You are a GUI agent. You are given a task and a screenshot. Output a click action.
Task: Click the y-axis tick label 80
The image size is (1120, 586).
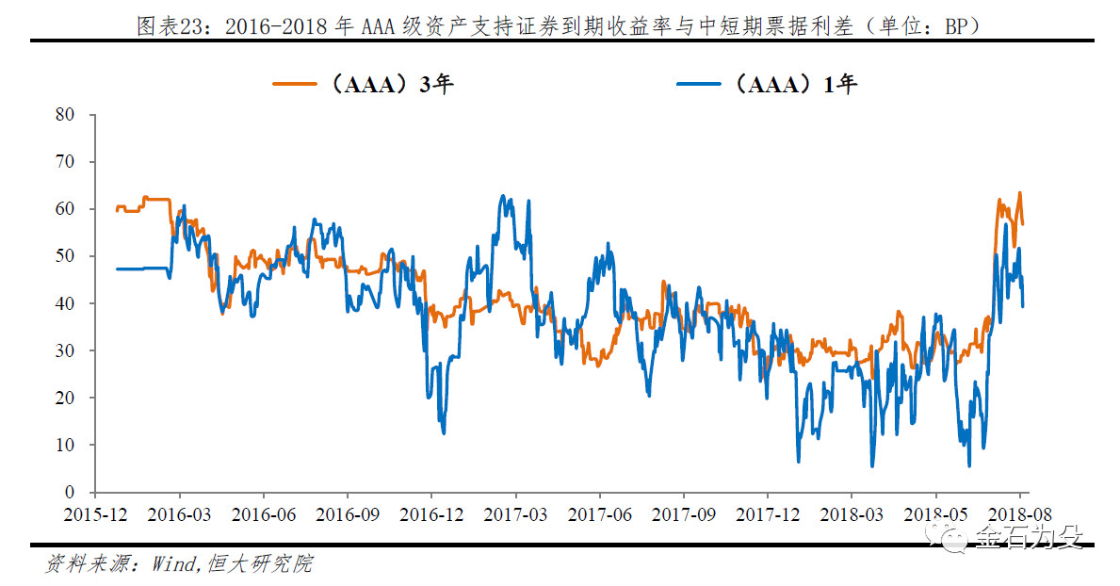coord(65,114)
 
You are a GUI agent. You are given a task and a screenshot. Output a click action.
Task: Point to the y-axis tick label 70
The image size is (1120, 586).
coord(65,161)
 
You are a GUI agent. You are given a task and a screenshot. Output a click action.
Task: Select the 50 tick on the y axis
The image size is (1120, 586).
coord(65,256)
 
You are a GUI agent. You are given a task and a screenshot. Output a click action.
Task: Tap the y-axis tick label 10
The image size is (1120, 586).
coord(65,445)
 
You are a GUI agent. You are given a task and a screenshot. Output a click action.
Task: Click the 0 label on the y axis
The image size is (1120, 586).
coord(70,492)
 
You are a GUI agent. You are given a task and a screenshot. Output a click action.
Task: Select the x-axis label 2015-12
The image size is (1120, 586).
coord(95,514)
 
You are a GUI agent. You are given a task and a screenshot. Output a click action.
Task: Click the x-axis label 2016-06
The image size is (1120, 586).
coord(264,514)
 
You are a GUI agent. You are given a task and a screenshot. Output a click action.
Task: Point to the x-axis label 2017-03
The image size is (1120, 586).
coord(515,514)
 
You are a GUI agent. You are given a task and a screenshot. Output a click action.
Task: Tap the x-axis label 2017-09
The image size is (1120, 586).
coord(684,514)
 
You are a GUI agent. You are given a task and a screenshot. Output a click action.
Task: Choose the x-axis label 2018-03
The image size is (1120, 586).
coord(852,514)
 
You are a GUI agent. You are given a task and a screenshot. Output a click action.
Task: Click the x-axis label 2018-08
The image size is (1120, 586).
coord(1020,514)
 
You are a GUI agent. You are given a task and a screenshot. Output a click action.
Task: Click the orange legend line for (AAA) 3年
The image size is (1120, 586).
coord(294,85)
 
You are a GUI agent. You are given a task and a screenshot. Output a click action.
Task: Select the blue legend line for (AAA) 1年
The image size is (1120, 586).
coord(699,85)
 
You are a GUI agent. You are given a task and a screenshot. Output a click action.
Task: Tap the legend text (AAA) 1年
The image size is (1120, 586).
coord(795,85)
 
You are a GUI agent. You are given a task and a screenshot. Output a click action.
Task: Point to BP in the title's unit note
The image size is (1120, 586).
coord(956,26)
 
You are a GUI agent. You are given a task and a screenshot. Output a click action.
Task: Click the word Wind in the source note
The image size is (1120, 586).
coord(173,563)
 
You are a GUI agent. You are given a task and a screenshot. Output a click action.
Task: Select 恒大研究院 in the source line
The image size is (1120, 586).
coord(261,563)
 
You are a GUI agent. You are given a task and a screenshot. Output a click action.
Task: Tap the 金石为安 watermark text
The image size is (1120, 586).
coord(1029,537)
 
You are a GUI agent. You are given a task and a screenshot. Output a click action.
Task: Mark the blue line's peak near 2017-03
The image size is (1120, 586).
coord(503,195)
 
